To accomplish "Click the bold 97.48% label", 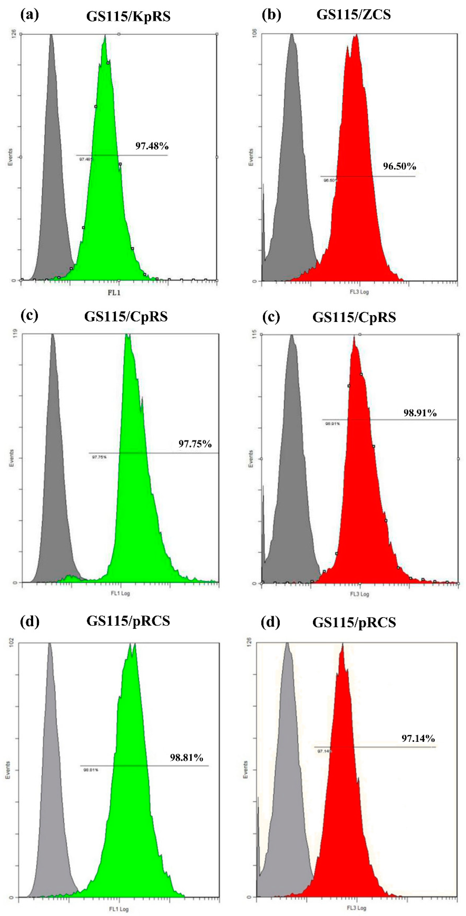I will click(152, 146).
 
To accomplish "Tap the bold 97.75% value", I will click(195, 444).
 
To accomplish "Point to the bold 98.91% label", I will click(420, 413).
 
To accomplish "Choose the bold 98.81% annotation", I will click(186, 757).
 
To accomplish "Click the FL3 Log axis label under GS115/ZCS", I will click(359, 292).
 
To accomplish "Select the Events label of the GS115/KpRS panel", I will click(10, 157).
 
